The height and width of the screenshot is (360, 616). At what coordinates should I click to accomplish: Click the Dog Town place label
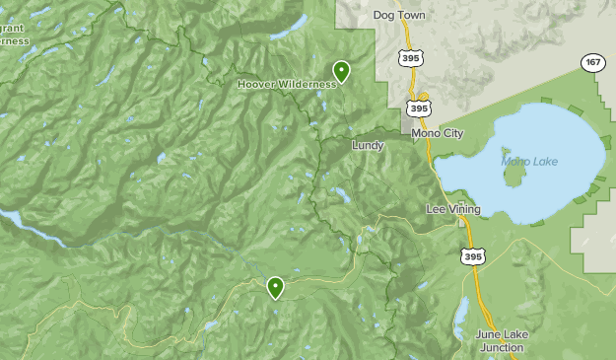tap(398, 16)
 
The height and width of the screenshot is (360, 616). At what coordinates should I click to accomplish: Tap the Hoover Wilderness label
tap(287, 84)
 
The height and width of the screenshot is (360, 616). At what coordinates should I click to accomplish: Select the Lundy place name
tap(368, 145)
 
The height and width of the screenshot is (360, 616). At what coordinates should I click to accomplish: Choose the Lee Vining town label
tap(452, 209)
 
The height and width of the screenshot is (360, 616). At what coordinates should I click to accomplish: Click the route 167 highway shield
tap(591, 63)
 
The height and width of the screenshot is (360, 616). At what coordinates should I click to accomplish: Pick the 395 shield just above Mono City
tap(419, 107)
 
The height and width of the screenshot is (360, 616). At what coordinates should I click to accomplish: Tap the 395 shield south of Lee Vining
tap(472, 256)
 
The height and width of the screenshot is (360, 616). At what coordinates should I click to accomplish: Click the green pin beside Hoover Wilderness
tap(341, 71)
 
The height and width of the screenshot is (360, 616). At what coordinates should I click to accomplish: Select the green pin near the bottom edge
tap(275, 287)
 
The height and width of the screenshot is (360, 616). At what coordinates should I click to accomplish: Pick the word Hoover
tap(257, 84)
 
